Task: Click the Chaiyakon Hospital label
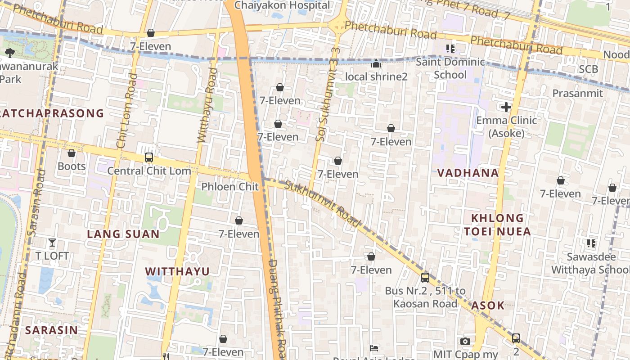[x=282, y=5]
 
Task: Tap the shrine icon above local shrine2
[x=376, y=64]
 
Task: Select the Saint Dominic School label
[x=450, y=68]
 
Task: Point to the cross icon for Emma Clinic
[x=506, y=107]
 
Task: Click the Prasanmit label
[x=577, y=93]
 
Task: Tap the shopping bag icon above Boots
[x=71, y=153]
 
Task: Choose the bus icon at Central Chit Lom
[x=149, y=158]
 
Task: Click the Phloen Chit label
[x=230, y=186]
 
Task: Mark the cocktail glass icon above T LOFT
[x=52, y=243]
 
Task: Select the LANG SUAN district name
[x=123, y=234]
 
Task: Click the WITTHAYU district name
[x=177, y=271]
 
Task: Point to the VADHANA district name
[x=468, y=173]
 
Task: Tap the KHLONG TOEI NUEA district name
[x=497, y=225]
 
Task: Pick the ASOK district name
[x=488, y=306]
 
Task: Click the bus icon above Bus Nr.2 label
[x=425, y=278]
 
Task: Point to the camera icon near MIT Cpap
[x=465, y=342]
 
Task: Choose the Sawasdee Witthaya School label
[x=590, y=263]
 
